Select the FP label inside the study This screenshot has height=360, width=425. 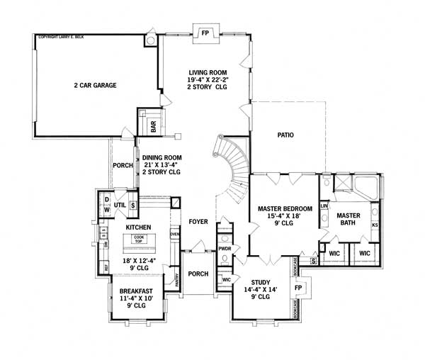(x=298, y=288)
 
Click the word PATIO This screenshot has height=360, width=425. (x=285, y=135)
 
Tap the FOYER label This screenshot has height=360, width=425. (x=198, y=222)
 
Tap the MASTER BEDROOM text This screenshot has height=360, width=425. (x=280, y=209)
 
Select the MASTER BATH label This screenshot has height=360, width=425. (x=349, y=219)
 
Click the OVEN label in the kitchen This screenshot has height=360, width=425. (x=174, y=234)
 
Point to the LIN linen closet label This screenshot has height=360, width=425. (x=324, y=206)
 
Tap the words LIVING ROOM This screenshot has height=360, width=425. (x=208, y=72)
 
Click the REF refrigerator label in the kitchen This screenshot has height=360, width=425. (x=107, y=268)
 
